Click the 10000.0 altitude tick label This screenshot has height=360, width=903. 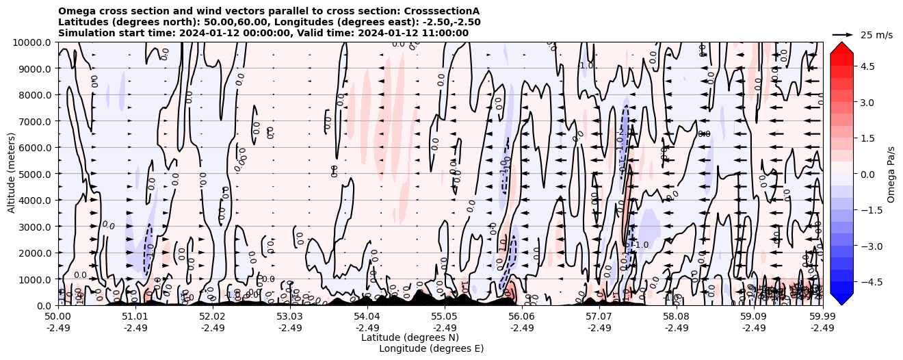tap(31, 42)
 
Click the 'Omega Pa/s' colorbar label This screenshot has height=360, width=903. tap(891, 174)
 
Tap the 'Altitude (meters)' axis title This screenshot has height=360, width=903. tap(12, 174)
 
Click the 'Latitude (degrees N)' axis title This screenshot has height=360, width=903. tap(410, 337)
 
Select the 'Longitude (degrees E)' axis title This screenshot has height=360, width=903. tap(431, 348)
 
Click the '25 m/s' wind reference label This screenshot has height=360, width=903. tap(876, 35)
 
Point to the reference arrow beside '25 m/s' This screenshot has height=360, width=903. tap(843, 34)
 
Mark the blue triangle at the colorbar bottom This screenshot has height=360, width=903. tap(841, 298)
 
